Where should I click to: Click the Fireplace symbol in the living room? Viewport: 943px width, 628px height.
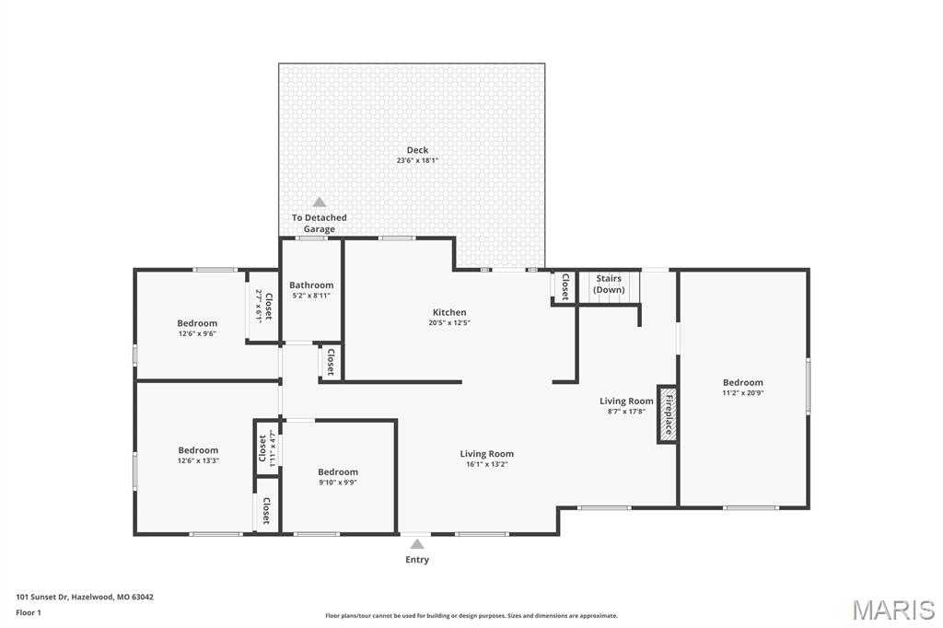[667, 414]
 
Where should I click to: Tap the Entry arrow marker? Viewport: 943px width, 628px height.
[417, 544]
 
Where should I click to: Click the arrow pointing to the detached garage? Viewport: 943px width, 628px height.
[320, 202]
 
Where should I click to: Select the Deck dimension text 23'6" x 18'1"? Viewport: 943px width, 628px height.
[417, 160]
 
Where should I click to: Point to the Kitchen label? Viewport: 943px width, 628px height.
[449, 312]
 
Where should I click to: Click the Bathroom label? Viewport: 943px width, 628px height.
[311, 285]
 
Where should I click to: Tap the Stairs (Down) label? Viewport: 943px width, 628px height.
[610, 284]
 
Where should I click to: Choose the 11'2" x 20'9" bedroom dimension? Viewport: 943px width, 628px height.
[743, 393]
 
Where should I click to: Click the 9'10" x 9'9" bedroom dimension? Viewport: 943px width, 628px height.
[338, 483]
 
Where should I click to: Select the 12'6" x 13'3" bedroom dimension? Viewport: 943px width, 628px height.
[198, 460]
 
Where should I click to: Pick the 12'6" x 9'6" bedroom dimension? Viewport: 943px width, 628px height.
[197, 333]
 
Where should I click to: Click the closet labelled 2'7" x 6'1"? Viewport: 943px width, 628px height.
[264, 307]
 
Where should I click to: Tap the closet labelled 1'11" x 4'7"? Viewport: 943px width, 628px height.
[266, 448]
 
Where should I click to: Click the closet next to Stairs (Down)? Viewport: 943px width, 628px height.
[565, 286]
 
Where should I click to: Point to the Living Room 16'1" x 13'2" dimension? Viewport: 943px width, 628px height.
[487, 464]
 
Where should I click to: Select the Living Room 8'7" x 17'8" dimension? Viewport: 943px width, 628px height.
[626, 412]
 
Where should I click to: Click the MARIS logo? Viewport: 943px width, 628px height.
[893, 610]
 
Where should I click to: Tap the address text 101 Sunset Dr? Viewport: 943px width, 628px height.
[42, 598]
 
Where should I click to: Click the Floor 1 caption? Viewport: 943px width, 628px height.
[29, 613]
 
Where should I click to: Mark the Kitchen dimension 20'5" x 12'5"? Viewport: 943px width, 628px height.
[449, 322]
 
